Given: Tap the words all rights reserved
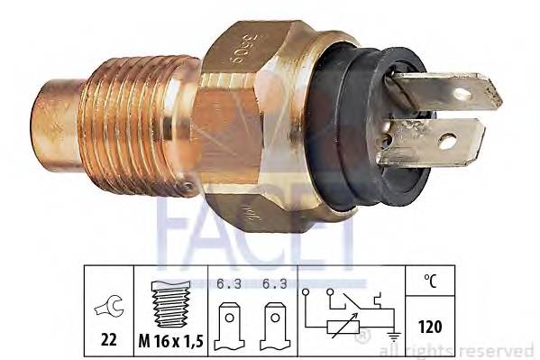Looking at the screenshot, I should point(461,350).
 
